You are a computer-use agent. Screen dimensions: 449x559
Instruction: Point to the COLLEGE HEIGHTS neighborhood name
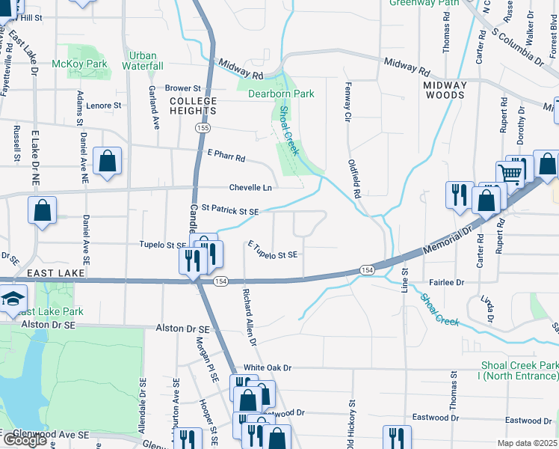click(193, 106)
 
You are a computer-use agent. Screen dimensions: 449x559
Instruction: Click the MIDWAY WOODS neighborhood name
click(445, 90)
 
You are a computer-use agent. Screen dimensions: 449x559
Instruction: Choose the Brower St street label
click(184, 88)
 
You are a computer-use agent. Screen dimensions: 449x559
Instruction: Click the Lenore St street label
click(104, 106)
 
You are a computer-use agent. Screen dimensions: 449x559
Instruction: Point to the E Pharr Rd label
click(226, 157)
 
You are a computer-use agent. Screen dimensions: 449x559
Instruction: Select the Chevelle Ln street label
click(250, 188)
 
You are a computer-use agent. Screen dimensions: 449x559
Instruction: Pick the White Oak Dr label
click(267, 368)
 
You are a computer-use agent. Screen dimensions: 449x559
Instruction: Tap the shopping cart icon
click(511, 173)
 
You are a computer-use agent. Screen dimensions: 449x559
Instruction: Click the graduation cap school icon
click(13, 299)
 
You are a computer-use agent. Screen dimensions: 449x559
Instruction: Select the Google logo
click(24, 439)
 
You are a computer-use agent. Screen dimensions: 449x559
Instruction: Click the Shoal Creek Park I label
click(519, 370)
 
